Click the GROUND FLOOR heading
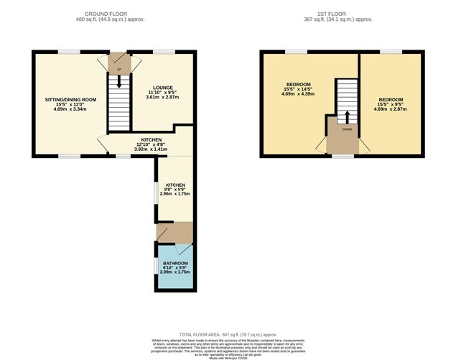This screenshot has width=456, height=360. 114,14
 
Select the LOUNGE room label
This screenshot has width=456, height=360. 161,88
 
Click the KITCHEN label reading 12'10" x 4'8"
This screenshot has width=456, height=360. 150,139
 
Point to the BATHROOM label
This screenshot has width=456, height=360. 175,264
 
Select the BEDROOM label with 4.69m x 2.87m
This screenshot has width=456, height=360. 391,99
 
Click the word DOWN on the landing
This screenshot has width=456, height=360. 347,129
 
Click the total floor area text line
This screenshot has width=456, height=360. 228,335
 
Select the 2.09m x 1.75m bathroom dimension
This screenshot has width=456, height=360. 175,272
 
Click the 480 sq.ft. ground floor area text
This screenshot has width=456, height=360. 114,19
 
